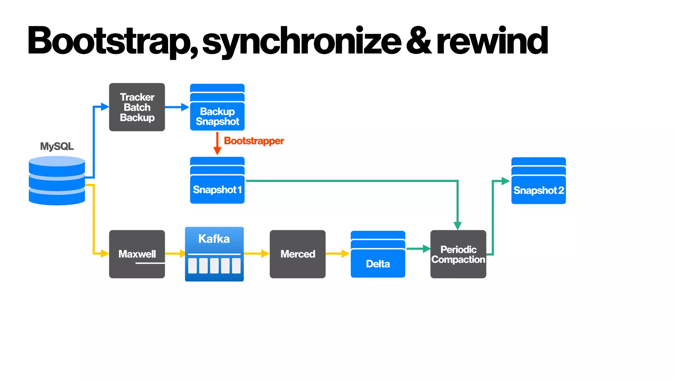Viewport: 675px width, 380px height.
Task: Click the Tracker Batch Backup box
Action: click(137, 107)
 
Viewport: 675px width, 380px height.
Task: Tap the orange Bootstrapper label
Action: click(254, 141)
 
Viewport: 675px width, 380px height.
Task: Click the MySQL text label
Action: click(57, 146)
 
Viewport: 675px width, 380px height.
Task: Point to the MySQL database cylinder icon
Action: click(57, 181)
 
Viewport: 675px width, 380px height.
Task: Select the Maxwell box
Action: click(137, 254)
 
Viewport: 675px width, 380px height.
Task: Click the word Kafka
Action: click(214, 239)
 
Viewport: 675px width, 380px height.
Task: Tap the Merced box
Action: click(297, 254)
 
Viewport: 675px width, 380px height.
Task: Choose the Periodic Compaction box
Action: click(458, 254)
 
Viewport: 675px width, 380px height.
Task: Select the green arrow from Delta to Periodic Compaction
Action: click(418, 249)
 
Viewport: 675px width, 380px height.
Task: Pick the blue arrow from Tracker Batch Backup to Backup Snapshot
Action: click(177, 107)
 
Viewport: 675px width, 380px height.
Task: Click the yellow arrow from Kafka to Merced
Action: click(256, 254)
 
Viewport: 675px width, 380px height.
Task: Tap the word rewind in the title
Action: click(492, 41)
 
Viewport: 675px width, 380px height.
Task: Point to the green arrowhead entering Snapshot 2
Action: click(506, 181)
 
